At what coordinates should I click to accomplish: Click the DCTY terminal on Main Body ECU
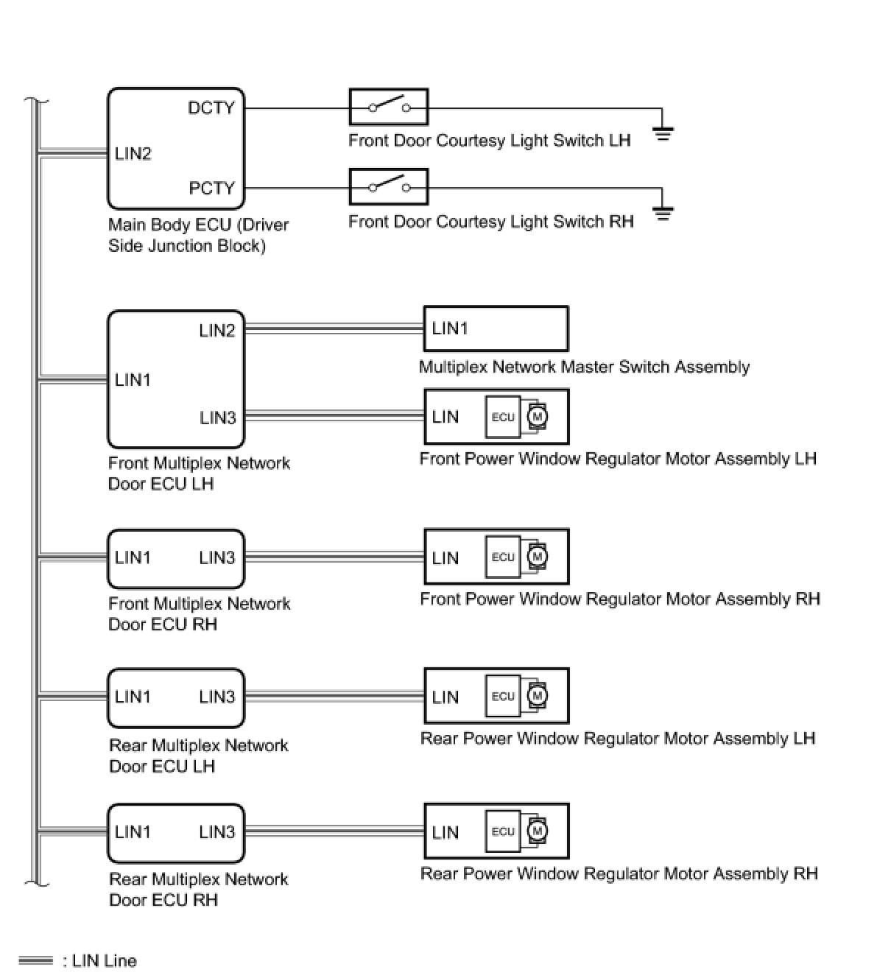pos(211,108)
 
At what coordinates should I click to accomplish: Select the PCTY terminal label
pos(211,189)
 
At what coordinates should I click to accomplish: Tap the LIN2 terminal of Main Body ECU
pos(133,154)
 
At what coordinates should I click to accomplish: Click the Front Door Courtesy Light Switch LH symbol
pos(388,108)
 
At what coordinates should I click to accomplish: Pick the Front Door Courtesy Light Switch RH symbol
pos(388,188)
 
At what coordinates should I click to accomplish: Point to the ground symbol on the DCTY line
pos(663,133)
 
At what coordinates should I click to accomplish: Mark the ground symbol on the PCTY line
pos(663,214)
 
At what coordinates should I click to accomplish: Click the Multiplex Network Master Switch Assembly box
pos(496,328)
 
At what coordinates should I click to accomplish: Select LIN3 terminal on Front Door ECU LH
pos(217,418)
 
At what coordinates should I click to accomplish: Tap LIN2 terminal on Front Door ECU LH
pos(217,331)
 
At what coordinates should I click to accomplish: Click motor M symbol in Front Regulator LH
pos(537,417)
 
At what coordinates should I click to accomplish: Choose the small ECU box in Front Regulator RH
pos(503,557)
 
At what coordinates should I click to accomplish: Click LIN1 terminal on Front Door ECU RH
pos(133,557)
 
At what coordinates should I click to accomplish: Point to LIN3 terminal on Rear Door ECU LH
pos(217,697)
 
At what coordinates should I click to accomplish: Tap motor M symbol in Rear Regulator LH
pos(537,696)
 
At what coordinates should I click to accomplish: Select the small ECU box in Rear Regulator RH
pos(503,831)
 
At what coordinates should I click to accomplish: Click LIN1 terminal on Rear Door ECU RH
pos(133,832)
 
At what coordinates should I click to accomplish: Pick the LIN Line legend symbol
pos(35,960)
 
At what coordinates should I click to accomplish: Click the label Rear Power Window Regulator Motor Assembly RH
pos(619,874)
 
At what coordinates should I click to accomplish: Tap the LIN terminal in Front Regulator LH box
pos(445,417)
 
